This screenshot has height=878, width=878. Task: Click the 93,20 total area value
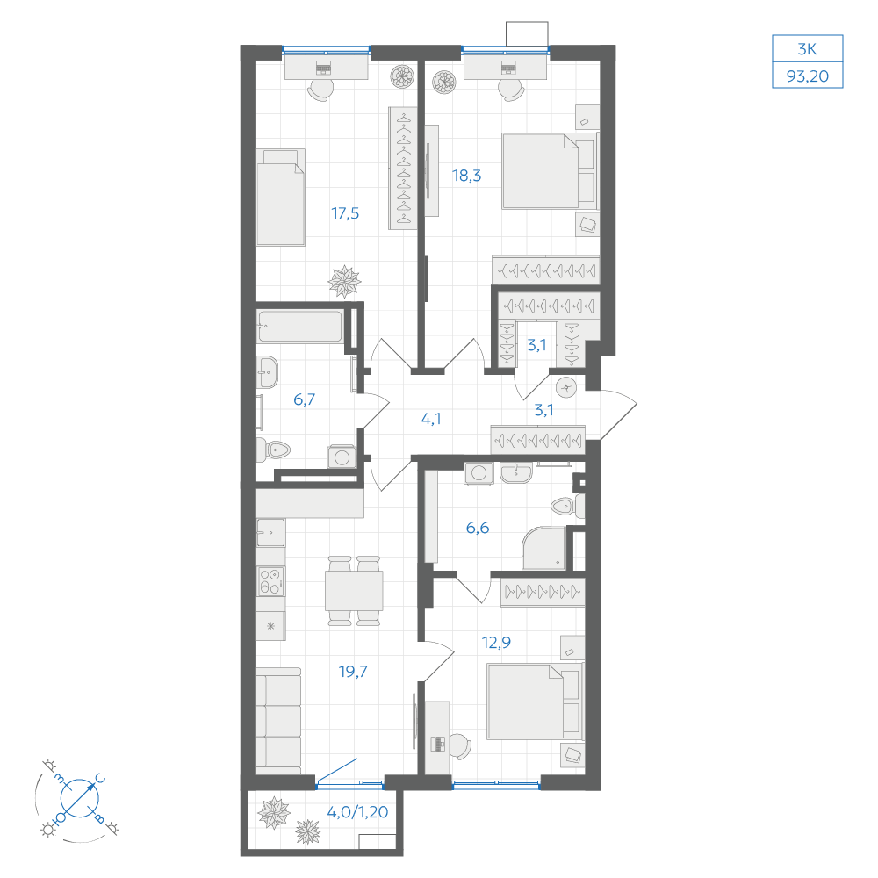808,76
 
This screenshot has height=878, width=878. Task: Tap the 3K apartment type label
808,49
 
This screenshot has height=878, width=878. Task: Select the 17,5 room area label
345,213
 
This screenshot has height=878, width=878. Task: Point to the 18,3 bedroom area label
466,176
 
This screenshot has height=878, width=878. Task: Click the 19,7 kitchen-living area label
353,672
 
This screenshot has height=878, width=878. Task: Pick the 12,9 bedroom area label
496,643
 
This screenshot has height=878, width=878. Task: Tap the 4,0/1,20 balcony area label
357,812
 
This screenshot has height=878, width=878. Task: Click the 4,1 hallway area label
430,419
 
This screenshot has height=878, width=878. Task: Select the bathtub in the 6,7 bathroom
299,326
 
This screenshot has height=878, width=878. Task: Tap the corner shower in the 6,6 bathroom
543,548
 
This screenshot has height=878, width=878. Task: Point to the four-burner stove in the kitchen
271,581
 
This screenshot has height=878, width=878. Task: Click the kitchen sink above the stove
271,533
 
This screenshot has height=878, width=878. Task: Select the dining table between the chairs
354,591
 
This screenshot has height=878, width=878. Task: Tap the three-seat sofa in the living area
278,721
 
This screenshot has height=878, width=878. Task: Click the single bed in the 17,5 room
281,198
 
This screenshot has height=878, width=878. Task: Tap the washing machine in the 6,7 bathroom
342,457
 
